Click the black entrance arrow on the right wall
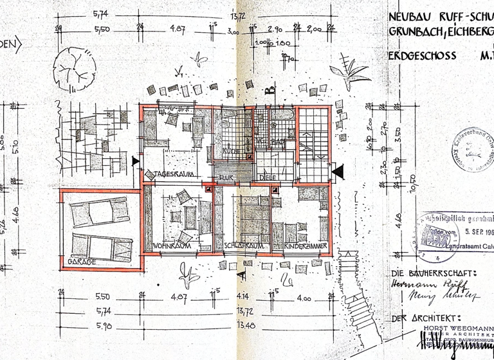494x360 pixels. click(x=338, y=170)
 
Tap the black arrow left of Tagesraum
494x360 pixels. click(x=134, y=161)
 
